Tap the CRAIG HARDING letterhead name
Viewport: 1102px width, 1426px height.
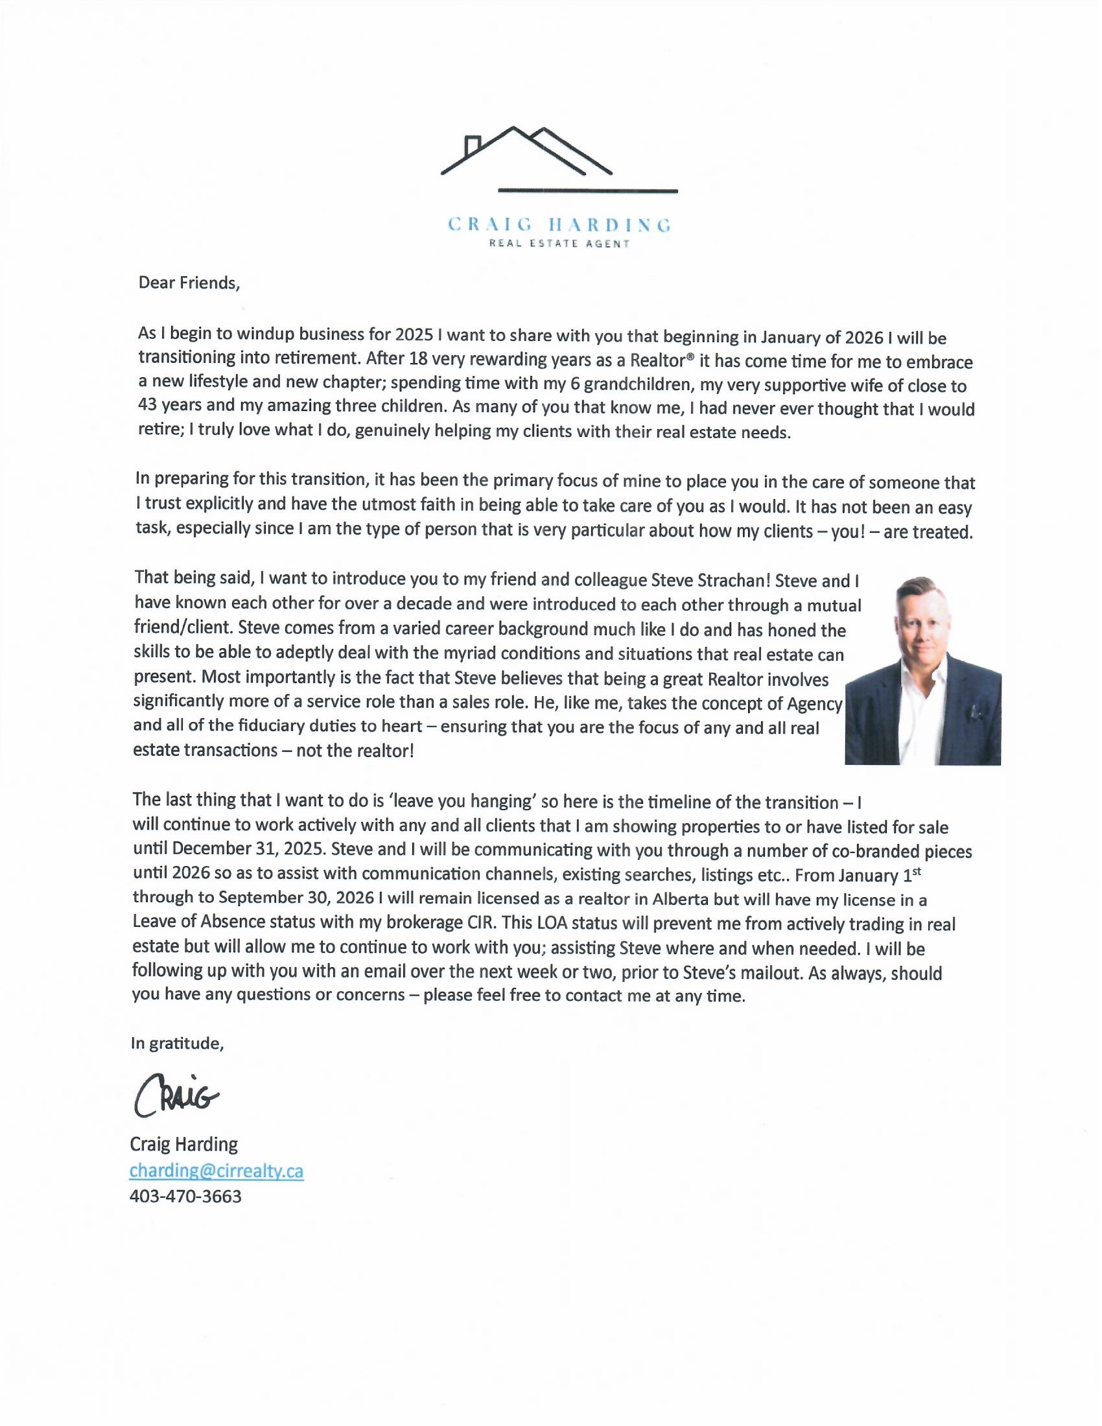pos(559,226)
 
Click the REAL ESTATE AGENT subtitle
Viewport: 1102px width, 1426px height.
pos(559,244)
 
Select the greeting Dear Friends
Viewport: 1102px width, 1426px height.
pos(189,283)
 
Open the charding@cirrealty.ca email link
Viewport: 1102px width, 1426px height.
pos(216,1171)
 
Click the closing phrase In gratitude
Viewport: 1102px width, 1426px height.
pos(177,1044)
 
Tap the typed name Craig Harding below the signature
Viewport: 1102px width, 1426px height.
pos(183,1145)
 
